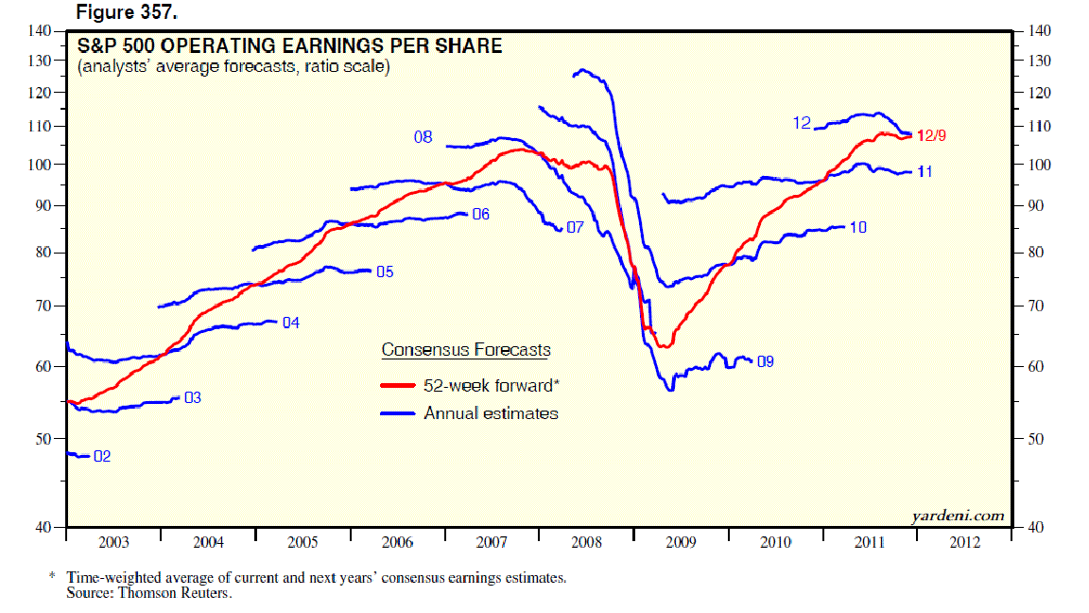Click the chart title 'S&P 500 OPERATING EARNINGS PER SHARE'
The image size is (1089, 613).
[x=289, y=46]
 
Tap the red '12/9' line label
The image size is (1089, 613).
[x=930, y=135]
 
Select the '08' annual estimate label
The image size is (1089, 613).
[x=423, y=138]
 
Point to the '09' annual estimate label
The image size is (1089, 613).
[x=766, y=360]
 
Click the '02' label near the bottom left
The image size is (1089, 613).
[x=102, y=457]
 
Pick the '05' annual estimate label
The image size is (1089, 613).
[x=385, y=272]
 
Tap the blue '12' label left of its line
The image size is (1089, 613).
[x=802, y=123]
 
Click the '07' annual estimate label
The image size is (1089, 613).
[x=575, y=228]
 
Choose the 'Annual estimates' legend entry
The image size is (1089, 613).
[x=491, y=413]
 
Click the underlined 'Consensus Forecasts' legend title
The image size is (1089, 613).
[x=465, y=350]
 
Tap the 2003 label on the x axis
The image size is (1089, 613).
[x=113, y=543]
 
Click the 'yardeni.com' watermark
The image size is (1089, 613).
[x=957, y=516]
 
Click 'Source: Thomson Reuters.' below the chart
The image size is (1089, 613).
[x=148, y=594]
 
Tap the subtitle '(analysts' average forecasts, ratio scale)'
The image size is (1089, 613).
[x=233, y=67]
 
